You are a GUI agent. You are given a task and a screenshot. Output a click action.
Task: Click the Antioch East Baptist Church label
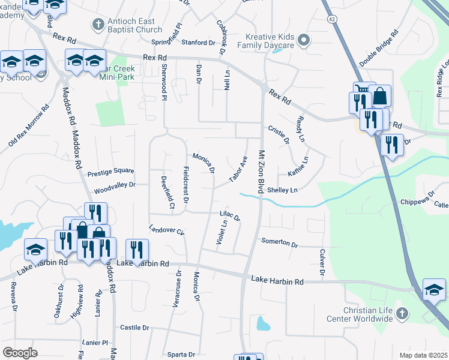[134, 25]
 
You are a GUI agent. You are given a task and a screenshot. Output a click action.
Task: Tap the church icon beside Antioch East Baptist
[98, 25]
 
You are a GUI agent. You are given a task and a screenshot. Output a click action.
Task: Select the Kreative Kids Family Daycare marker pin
[304, 41]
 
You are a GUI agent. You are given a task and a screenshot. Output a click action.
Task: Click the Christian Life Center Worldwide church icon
[402, 314]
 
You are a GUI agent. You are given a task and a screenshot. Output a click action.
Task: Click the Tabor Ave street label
[238, 170]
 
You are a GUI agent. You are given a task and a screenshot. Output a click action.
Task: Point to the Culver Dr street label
[322, 264]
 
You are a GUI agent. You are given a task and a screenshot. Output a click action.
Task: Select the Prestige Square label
[110, 171]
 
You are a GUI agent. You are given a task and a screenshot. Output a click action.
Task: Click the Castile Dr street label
[134, 328]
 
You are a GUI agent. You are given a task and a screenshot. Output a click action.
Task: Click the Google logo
[20, 353]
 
